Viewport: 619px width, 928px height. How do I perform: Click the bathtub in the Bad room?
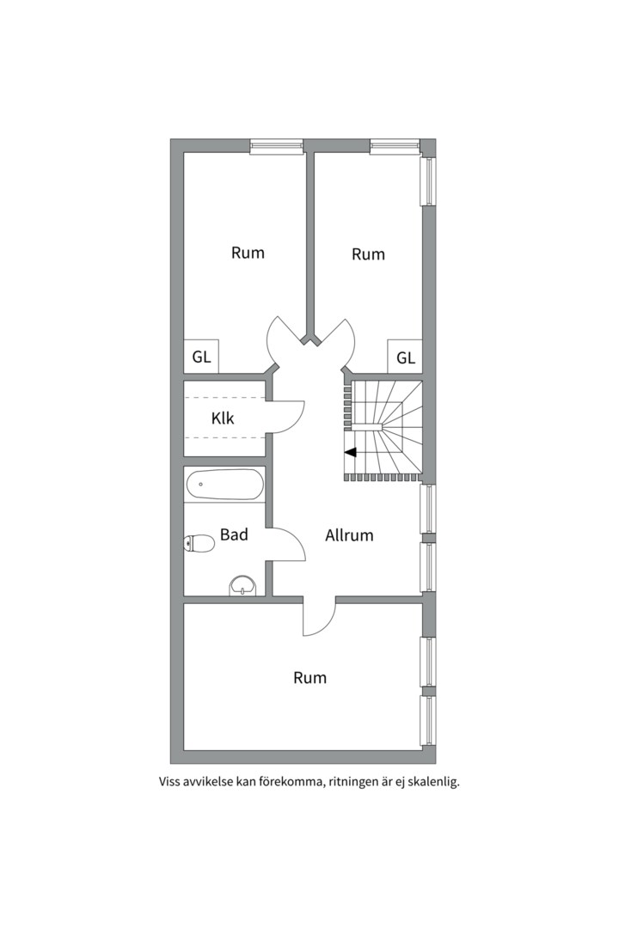click(x=224, y=485)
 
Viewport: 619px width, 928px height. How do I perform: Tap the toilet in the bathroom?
click(x=199, y=543)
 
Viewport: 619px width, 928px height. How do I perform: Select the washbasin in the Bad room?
click(x=242, y=586)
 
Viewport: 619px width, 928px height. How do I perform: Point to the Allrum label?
click(x=349, y=535)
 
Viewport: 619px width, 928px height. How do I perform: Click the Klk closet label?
click(x=223, y=418)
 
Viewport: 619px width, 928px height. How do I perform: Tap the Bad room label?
click(x=234, y=534)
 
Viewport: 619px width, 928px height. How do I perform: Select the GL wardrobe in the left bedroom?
click(x=201, y=357)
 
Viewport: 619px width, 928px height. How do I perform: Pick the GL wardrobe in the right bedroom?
click(x=405, y=357)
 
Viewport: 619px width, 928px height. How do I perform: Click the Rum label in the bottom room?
click(x=309, y=677)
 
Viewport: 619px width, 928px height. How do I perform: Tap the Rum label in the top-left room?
click(x=248, y=253)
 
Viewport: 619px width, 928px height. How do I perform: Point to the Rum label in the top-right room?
click(x=368, y=253)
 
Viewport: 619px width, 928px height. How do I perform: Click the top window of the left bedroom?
click(x=276, y=146)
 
